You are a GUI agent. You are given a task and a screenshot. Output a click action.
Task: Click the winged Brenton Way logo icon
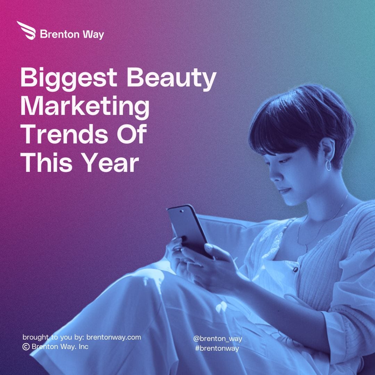point(27,30)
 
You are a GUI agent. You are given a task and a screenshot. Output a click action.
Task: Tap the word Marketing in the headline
point(85,108)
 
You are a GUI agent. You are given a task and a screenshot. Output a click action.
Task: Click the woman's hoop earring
point(328,165)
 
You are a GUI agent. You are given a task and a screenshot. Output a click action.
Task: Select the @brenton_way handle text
point(218,339)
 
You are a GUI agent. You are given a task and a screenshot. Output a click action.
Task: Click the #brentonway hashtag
point(217,349)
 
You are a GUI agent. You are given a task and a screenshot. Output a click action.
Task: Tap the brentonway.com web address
point(114,337)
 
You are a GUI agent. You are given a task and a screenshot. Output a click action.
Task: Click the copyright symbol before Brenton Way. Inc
point(26,347)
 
